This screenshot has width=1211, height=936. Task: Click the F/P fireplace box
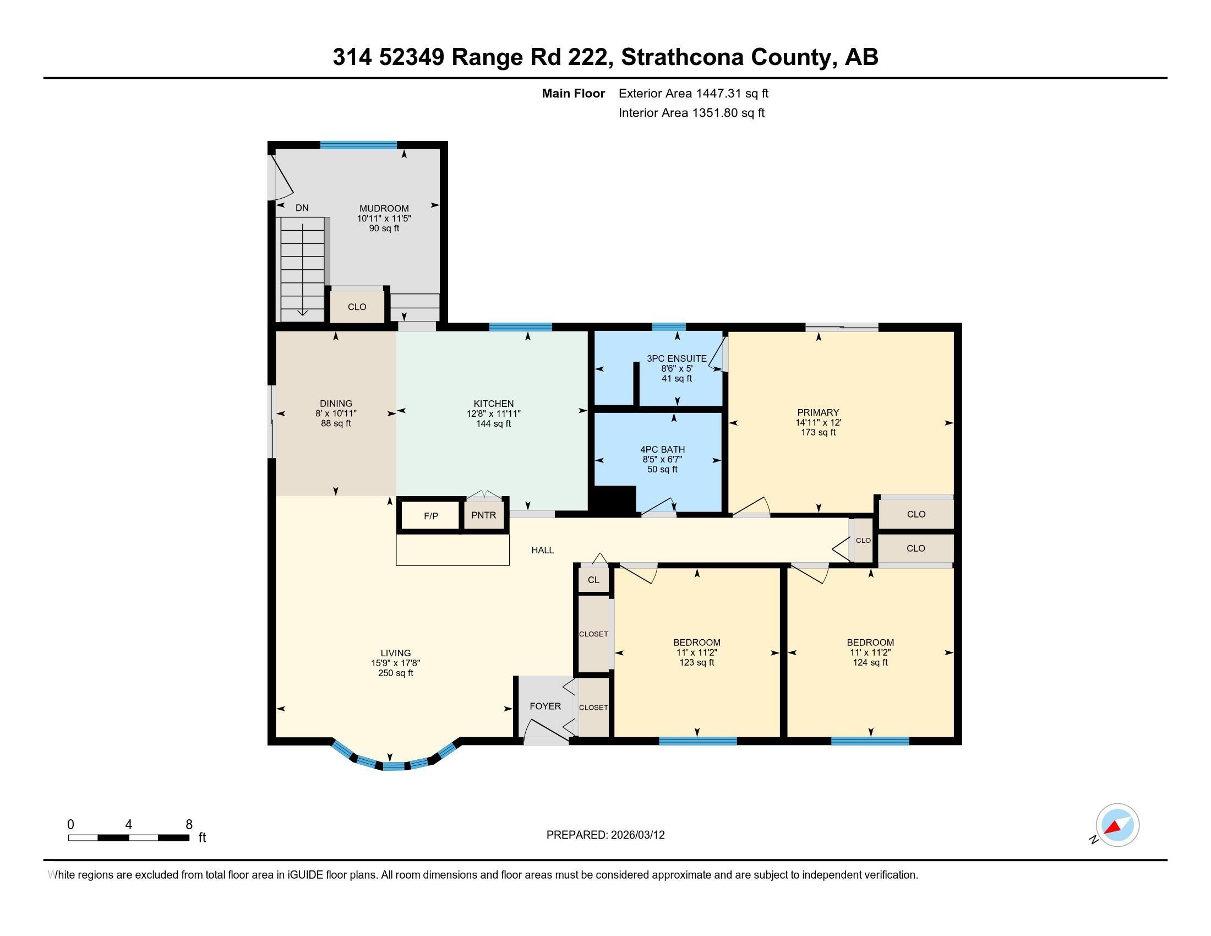click(431, 516)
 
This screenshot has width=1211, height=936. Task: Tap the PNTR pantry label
click(483, 515)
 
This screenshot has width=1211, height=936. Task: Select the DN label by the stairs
click(302, 208)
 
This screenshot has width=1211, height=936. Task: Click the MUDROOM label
click(384, 209)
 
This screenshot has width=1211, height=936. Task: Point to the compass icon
click(1117, 825)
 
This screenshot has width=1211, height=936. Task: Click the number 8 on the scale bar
click(188, 825)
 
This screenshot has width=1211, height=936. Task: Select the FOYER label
click(545, 706)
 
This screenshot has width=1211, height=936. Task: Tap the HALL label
click(542, 550)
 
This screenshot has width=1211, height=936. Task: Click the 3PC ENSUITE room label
click(677, 359)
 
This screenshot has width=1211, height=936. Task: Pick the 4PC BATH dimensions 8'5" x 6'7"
click(662, 459)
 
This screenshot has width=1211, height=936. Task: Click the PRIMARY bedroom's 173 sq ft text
click(818, 432)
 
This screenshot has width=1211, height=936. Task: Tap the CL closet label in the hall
click(593, 580)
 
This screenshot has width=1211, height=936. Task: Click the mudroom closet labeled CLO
click(357, 307)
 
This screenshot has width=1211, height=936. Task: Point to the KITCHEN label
click(494, 404)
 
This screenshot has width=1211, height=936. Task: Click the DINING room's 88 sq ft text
click(335, 423)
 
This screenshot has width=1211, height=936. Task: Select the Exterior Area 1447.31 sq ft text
click(693, 93)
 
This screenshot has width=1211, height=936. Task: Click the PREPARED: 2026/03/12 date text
click(605, 835)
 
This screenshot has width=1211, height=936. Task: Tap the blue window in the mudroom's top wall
click(358, 145)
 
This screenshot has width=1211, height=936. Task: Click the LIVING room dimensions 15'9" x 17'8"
click(395, 663)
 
